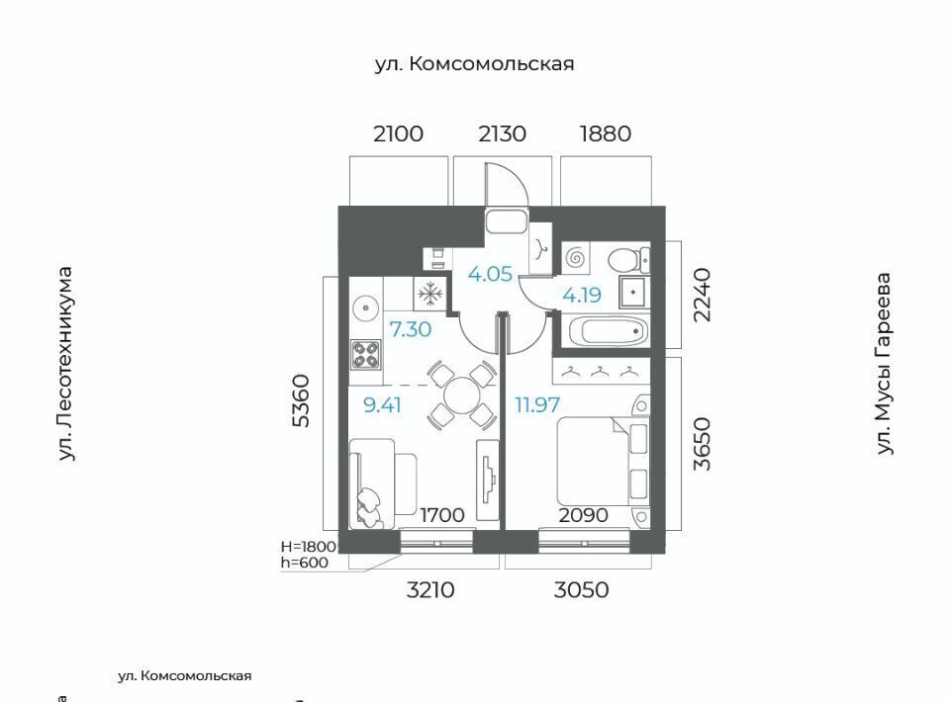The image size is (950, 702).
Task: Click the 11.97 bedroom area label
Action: click(x=537, y=404)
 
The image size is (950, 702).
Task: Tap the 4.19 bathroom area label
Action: click(x=582, y=295)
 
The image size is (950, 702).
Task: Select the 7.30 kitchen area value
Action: click(x=410, y=330)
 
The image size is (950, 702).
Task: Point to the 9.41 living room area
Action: click(x=382, y=404)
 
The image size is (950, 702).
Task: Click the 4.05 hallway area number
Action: click(x=490, y=274)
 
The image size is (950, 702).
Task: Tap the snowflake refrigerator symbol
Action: click(x=429, y=295)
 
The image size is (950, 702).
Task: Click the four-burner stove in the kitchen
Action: click(x=366, y=354)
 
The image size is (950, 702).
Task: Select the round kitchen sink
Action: click(x=366, y=308)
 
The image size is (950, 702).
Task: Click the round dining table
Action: click(x=462, y=395)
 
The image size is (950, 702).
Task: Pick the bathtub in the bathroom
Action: click(x=609, y=331)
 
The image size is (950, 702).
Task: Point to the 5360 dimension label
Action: click(x=301, y=401)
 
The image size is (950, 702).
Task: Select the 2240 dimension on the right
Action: click(x=703, y=296)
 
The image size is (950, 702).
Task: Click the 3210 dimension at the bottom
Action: click(x=430, y=589)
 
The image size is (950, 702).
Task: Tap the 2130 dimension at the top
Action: click(x=503, y=133)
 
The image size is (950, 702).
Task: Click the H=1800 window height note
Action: click(x=309, y=546)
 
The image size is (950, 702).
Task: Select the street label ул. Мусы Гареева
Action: click(x=885, y=364)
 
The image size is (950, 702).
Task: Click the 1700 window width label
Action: click(x=442, y=515)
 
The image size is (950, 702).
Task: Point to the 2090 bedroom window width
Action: click(x=583, y=515)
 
